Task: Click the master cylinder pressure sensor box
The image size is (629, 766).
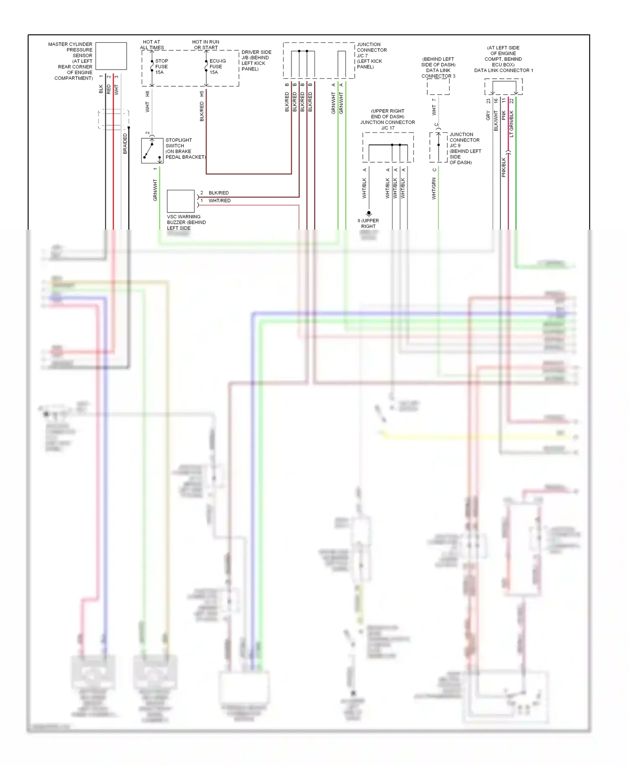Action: (x=111, y=56)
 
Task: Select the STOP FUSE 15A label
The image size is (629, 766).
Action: (x=161, y=67)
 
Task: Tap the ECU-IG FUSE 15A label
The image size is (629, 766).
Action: (x=217, y=67)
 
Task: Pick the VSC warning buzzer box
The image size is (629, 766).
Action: (x=181, y=201)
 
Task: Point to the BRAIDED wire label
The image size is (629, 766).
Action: (x=125, y=144)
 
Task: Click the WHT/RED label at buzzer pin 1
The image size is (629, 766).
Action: (x=219, y=201)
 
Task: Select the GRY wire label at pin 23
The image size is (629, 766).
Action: (x=488, y=116)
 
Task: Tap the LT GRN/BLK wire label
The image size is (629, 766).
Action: (x=511, y=124)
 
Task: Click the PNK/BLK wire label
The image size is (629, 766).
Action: (x=504, y=167)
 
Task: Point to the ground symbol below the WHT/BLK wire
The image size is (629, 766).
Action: (x=369, y=214)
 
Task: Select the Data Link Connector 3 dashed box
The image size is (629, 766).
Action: (x=438, y=87)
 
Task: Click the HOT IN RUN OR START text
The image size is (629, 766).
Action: (x=205, y=45)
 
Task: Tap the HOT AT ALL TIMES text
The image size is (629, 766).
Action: (x=152, y=45)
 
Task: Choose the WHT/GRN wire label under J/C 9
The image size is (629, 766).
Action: (x=434, y=189)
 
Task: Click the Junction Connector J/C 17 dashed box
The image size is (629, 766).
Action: (x=388, y=148)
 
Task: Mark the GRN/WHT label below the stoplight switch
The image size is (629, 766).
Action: (x=155, y=190)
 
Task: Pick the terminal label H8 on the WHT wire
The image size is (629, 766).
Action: (x=147, y=93)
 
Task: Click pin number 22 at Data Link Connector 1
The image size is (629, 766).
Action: (x=511, y=101)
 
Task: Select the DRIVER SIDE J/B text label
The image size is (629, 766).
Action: (x=256, y=60)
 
